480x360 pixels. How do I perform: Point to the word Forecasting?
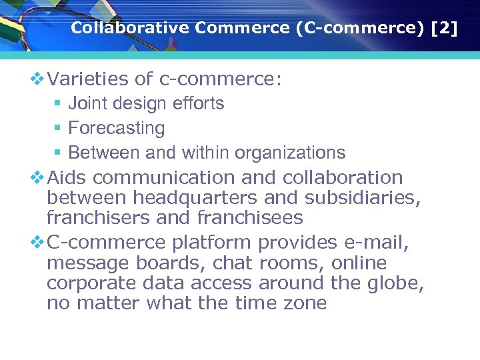[x=117, y=128]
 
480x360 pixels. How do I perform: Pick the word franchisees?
[x=250, y=218]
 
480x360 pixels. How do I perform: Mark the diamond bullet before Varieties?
[x=37, y=80]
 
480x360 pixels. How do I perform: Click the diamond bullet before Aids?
[x=37, y=178]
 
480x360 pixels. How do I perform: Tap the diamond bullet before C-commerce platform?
[x=37, y=242]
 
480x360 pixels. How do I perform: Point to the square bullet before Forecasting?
[x=57, y=128]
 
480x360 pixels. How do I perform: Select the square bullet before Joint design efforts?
[x=57, y=103]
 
